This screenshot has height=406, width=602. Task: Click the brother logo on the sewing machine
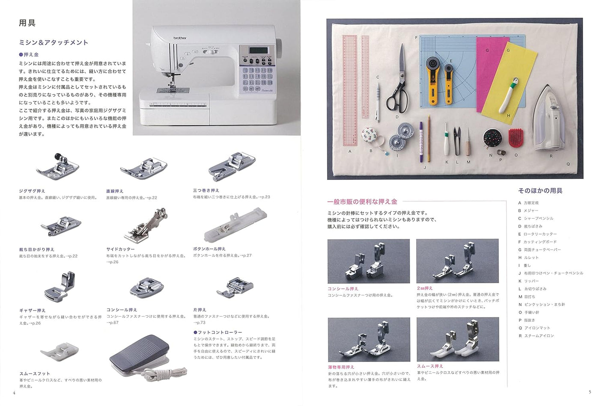(180, 38)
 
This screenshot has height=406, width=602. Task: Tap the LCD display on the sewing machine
(258, 50)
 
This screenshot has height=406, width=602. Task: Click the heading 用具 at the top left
(27, 23)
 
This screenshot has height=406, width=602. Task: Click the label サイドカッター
(120, 249)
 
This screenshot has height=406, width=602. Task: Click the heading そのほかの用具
(540, 191)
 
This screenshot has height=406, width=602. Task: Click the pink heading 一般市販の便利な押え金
(362, 202)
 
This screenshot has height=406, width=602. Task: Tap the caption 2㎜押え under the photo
(425, 288)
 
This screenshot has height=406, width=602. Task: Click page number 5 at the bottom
(590, 392)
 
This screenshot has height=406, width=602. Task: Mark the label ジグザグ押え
(32, 191)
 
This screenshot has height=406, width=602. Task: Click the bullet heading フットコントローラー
(220, 332)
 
